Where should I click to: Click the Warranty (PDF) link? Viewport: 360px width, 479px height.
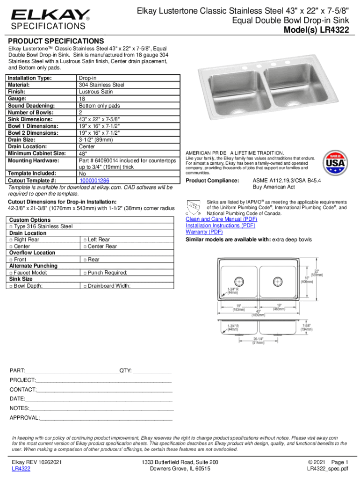[x=204, y=232]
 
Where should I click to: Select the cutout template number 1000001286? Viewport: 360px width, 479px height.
[x=94, y=180]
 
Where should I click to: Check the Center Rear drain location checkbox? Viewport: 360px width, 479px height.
[x=85, y=246]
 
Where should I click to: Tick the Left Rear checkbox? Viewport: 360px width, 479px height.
[x=85, y=239]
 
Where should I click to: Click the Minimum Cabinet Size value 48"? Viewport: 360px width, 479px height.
[x=83, y=153]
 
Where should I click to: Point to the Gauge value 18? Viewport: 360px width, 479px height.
[x=82, y=99]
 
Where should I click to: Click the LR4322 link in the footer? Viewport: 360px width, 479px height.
[x=21, y=469]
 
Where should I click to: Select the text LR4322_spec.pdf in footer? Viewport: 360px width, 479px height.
[x=327, y=469]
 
